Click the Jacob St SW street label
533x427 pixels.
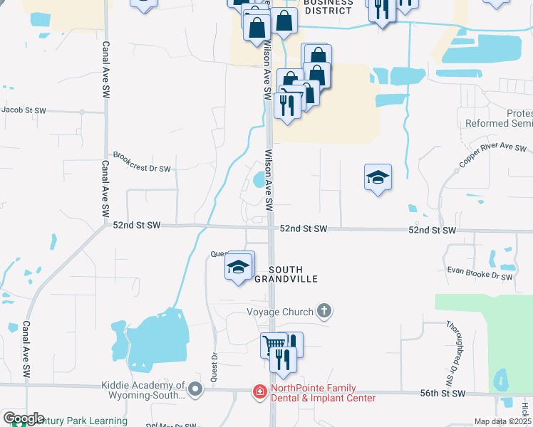[x=24, y=110]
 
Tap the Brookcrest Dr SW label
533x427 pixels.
[x=143, y=169]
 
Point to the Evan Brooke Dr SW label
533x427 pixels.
[x=480, y=272]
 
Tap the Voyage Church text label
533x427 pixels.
[x=280, y=312]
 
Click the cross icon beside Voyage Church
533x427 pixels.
[x=324, y=311]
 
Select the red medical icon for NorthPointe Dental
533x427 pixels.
[x=260, y=392]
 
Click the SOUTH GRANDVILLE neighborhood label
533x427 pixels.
[x=295, y=274]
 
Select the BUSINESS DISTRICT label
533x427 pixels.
[x=328, y=7]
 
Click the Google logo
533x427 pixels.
[x=24, y=418]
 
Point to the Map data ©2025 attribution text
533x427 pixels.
[x=503, y=421]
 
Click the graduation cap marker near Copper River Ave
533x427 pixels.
[x=378, y=177]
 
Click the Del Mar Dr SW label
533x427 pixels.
[x=171, y=425]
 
